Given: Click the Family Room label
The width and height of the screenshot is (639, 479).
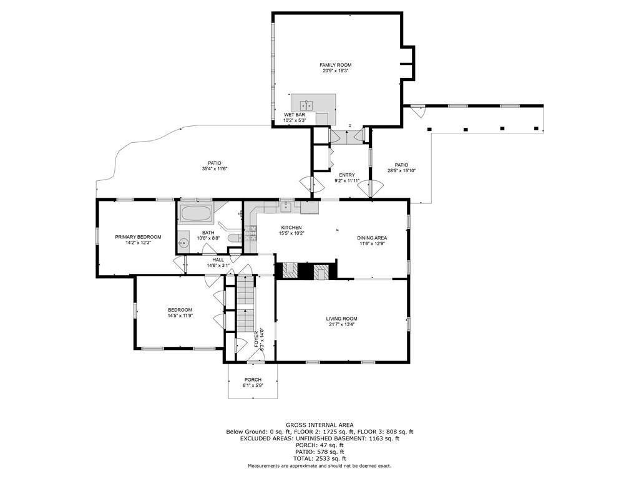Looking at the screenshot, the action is pyautogui.click(x=335, y=65).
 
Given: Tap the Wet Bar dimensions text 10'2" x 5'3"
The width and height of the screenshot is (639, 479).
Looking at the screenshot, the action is pyautogui.click(x=295, y=120).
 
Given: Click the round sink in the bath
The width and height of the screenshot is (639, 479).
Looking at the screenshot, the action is pyautogui.click(x=184, y=243).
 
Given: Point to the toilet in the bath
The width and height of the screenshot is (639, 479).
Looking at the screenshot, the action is pyautogui.click(x=234, y=239).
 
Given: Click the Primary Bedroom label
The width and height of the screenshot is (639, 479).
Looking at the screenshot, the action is pyautogui.click(x=138, y=237).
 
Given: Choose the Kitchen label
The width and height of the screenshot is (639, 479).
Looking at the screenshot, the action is pyautogui.click(x=291, y=228).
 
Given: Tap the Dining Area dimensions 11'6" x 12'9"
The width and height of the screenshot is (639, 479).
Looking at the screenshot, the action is pyautogui.click(x=372, y=244).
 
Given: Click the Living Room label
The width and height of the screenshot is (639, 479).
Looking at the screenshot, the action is pyautogui.click(x=341, y=319).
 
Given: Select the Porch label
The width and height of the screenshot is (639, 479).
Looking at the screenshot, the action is pyautogui.click(x=253, y=380).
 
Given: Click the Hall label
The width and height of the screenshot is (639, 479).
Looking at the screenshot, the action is pyautogui.click(x=218, y=260).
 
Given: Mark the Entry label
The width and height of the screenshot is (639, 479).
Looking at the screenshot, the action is pyautogui.click(x=347, y=175).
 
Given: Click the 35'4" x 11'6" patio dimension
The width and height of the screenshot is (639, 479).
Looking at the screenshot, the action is pyautogui.click(x=215, y=168).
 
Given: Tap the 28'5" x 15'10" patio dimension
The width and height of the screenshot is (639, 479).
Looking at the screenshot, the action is pyautogui.click(x=401, y=171).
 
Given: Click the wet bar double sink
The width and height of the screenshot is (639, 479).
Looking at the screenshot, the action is pyautogui.click(x=306, y=105).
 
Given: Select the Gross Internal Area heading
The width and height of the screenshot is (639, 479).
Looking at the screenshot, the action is pyautogui.click(x=319, y=425).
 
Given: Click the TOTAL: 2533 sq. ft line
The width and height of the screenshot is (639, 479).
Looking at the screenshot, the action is pyautogui.click(x=319, y=458).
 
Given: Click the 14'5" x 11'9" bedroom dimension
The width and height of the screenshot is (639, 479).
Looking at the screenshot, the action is pyautogui.click(x=180, y=315).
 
